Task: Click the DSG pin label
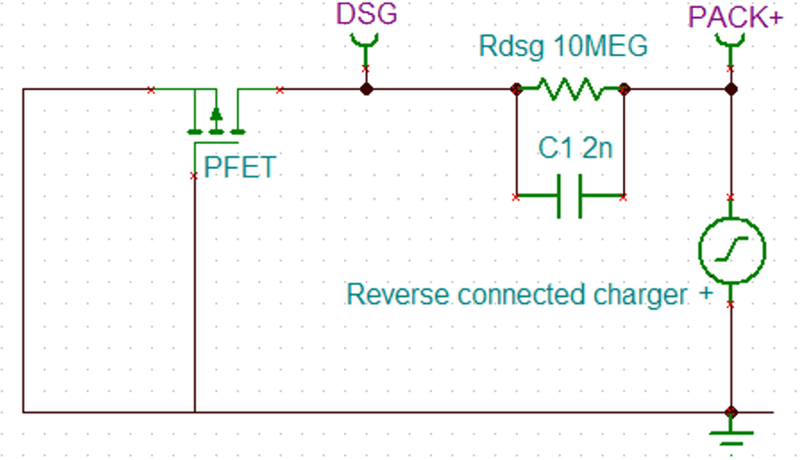point(366,13)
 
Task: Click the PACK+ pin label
point(735,17)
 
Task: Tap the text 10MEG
point(600,46)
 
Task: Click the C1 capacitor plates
point(570,196)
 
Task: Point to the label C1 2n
point(575,148)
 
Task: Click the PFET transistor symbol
point(216,121)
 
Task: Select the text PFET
point(240,167)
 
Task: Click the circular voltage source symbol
point(731,250)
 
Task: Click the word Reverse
point(397,294)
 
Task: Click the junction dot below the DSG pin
point(366,89)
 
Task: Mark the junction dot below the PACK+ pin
point(731,89)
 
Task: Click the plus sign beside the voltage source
point(706,293)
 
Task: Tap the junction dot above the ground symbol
point(731,412)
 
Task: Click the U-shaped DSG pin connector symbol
point(365,40)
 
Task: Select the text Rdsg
point(511,46)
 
